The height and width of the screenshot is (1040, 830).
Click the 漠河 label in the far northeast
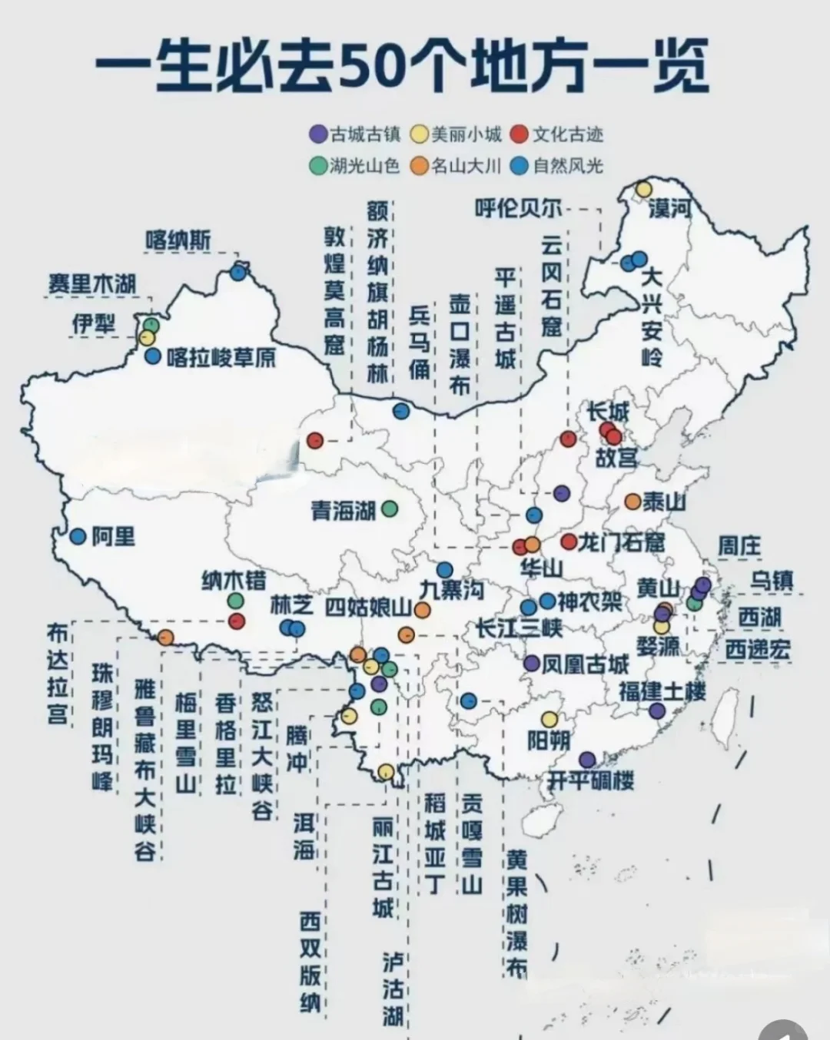pos(670,207)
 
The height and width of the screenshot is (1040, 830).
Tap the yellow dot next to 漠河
pos(643,189)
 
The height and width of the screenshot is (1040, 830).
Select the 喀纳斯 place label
pos(178,240)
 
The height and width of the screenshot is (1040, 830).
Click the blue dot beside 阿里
pos(78,537)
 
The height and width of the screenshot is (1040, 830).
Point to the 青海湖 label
pos(343,510)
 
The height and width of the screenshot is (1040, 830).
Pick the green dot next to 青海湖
pos(390,508)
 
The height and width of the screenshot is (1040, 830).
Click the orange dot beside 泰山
pos(632,502)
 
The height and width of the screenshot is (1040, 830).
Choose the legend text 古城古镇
pos(365,134)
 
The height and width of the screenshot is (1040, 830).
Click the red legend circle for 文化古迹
pos(520,134)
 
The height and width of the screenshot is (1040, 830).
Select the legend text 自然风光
pos(568,165)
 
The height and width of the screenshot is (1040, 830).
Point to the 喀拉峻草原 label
pos(221,357)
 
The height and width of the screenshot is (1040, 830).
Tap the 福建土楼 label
pos(662,691)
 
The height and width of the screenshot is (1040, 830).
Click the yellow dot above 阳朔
pos(549,719)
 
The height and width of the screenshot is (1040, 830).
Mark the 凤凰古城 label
pos(586,664)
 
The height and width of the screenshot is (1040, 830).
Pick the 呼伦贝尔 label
pos(518,208)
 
